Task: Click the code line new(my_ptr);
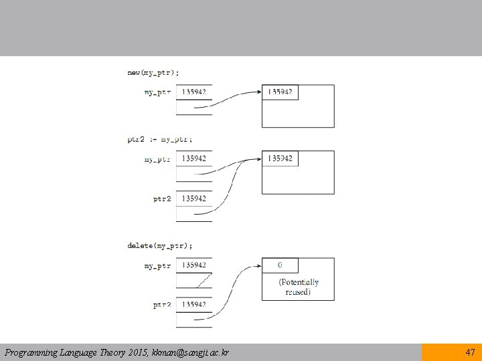coord(153,73)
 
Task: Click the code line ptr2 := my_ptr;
coord(159,140)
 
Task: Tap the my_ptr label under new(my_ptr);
coord(157,92)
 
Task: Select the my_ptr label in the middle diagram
coord(157,160)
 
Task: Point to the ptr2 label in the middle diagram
coord(162,199)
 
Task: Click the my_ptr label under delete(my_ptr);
coord(157,266)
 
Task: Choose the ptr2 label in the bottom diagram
coord(162,305)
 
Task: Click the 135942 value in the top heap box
coord(280,92)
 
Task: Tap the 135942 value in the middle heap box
coord(280,158)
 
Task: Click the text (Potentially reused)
coord(299,287)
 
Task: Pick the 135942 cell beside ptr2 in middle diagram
coord(194,199)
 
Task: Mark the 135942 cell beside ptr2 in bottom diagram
coord(194,305)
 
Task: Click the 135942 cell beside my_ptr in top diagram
coord(194,92)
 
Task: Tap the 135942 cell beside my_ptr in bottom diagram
coord(194,265)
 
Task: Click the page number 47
coord(470,352)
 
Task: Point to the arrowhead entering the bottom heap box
coord(258,266)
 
